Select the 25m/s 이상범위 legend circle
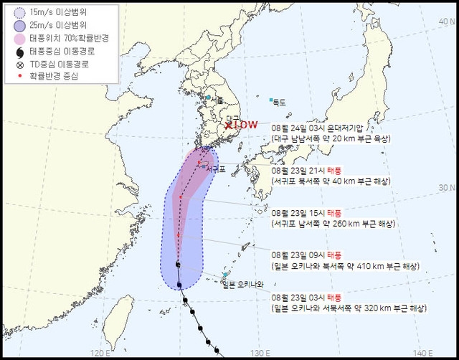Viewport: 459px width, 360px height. point(15,26)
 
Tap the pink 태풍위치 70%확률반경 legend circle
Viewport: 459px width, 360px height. point(15,39)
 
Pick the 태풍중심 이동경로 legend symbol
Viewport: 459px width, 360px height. point(15,52)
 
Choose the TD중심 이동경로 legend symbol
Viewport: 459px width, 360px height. point(15,64)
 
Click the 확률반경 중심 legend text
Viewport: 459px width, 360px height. point(57,75)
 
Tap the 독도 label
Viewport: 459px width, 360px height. point(279,103)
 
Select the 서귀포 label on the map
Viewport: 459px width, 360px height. point(215,170)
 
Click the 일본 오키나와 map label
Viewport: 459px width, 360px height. point(243,284)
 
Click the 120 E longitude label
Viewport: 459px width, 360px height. point(100,351)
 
